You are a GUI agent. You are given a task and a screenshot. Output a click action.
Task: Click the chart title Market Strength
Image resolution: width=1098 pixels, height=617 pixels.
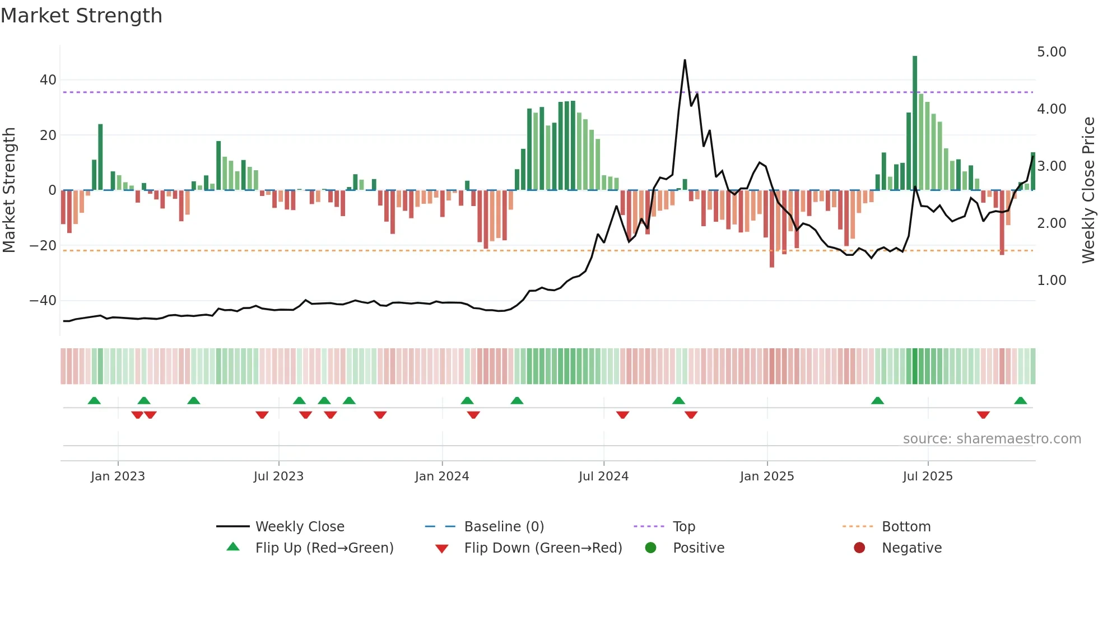(81, 16)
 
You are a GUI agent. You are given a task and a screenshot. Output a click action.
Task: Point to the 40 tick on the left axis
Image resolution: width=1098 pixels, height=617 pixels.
(48, 80)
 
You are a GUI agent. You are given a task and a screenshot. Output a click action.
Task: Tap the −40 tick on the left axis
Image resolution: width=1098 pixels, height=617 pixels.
(44, 301)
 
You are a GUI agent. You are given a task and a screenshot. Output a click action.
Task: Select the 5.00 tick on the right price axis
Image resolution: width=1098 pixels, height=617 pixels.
(1052, 52)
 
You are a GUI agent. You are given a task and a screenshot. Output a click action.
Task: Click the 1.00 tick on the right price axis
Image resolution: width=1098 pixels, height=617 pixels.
(1052, 281)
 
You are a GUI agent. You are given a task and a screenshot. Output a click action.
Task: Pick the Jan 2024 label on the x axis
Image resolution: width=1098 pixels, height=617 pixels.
(442, 476)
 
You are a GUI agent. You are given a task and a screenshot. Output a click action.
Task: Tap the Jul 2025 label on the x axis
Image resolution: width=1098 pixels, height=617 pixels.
(928, 476)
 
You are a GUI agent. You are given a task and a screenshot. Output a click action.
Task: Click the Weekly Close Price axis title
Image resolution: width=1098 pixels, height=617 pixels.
(1088, 190)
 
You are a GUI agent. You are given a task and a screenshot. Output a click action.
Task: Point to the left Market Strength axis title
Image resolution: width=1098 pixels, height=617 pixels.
(10, 190)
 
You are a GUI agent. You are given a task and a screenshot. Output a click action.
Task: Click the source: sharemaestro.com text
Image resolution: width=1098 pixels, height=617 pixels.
(992, 439)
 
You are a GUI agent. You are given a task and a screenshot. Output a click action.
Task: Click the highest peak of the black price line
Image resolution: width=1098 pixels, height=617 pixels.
(685, 60)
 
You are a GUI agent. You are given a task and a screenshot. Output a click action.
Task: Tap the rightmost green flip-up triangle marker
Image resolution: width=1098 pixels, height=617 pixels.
(1020, 401)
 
